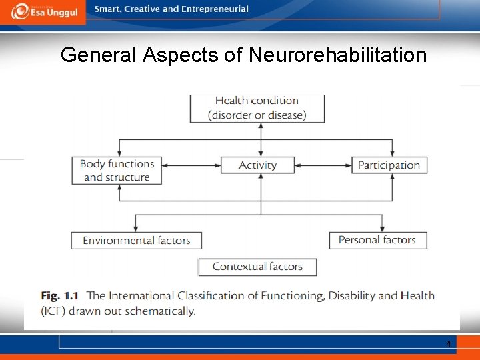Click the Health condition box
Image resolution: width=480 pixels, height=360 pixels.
257,108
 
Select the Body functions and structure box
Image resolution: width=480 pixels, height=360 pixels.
117,171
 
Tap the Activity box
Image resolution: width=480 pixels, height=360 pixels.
257,165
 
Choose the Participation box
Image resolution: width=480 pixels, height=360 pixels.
389,165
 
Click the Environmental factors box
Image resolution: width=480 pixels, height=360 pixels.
136,240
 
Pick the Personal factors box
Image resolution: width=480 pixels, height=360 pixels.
377,240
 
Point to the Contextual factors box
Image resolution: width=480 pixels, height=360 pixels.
257,267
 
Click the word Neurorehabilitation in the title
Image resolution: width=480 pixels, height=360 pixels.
337,55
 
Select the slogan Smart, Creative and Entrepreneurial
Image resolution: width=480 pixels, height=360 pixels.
171,9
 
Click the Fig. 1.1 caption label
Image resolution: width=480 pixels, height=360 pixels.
60,295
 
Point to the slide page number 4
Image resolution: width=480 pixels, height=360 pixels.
449,344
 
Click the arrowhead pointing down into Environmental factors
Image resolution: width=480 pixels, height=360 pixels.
136,227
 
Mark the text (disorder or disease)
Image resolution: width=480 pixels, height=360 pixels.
257,115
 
